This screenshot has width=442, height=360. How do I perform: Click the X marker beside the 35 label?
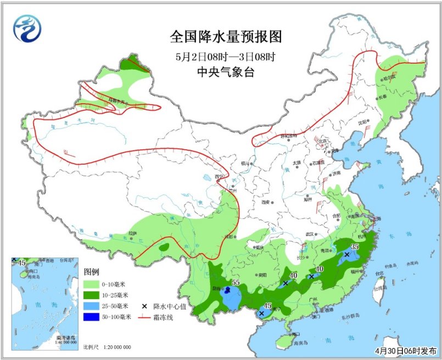click(x=346, y=255)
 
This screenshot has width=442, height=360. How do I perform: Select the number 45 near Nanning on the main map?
click(x=268, y=306)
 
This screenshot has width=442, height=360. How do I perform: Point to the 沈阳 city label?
click(x=362, y=123)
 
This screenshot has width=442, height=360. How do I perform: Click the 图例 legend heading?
click(x=91, y=272)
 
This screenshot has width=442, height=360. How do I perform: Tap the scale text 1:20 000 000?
click(x=115, y=347)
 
